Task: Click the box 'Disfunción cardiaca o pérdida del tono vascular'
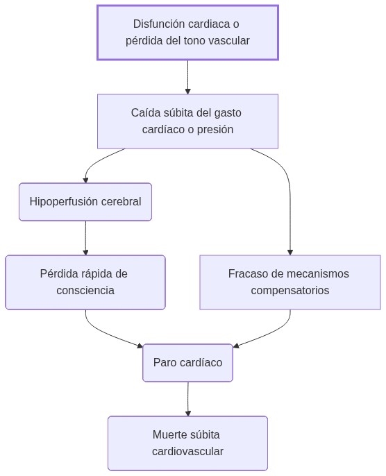pos(187,33)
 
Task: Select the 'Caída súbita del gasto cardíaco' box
pos(187,121)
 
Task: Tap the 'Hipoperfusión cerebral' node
pos(85,202)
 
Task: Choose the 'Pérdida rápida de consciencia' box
pos(85,282)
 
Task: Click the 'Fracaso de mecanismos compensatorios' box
pos(289,282)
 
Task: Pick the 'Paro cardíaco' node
pos(187,363)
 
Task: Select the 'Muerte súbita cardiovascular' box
pos(187,443)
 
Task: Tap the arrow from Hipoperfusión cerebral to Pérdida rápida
pos(85,237)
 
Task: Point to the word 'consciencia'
pos(85,290)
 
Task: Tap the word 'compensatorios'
pos(289,290)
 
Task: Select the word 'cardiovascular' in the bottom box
pos(187,452)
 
